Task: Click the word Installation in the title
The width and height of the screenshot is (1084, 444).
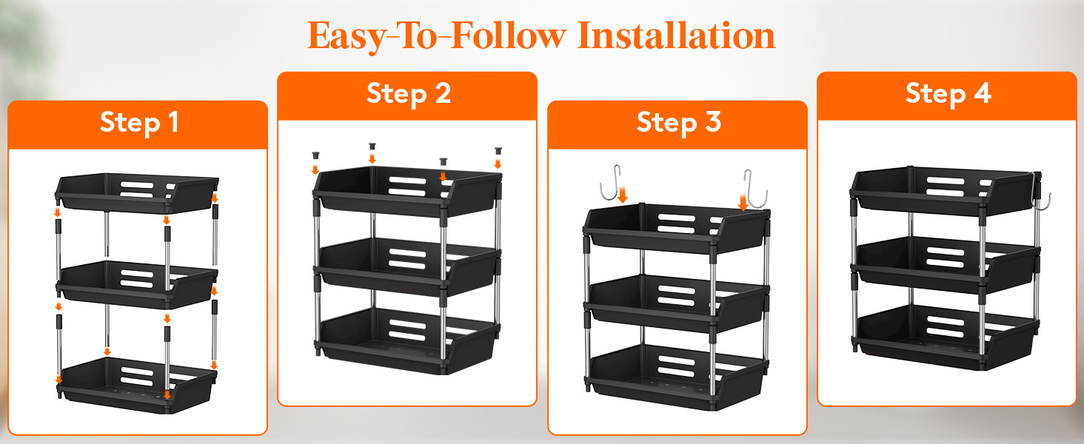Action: point(677,36)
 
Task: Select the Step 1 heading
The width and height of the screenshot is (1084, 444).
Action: point(139,123)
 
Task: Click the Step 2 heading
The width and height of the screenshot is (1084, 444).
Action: point(409,94)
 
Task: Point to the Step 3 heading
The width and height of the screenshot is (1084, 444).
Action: point(679,123)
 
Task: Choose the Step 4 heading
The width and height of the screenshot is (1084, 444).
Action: point(948,94)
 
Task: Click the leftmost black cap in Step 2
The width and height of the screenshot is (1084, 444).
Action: point(315,155)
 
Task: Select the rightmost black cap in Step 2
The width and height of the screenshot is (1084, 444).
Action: point(498,151)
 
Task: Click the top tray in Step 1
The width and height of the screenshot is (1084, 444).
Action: point(136,193)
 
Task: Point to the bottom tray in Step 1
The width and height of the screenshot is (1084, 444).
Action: point(136,386)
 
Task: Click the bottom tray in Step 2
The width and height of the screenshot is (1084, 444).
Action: point(407,341)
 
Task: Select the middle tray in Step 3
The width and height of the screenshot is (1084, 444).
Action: point(676,303)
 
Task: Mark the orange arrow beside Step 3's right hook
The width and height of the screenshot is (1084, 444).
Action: point(743,201)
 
